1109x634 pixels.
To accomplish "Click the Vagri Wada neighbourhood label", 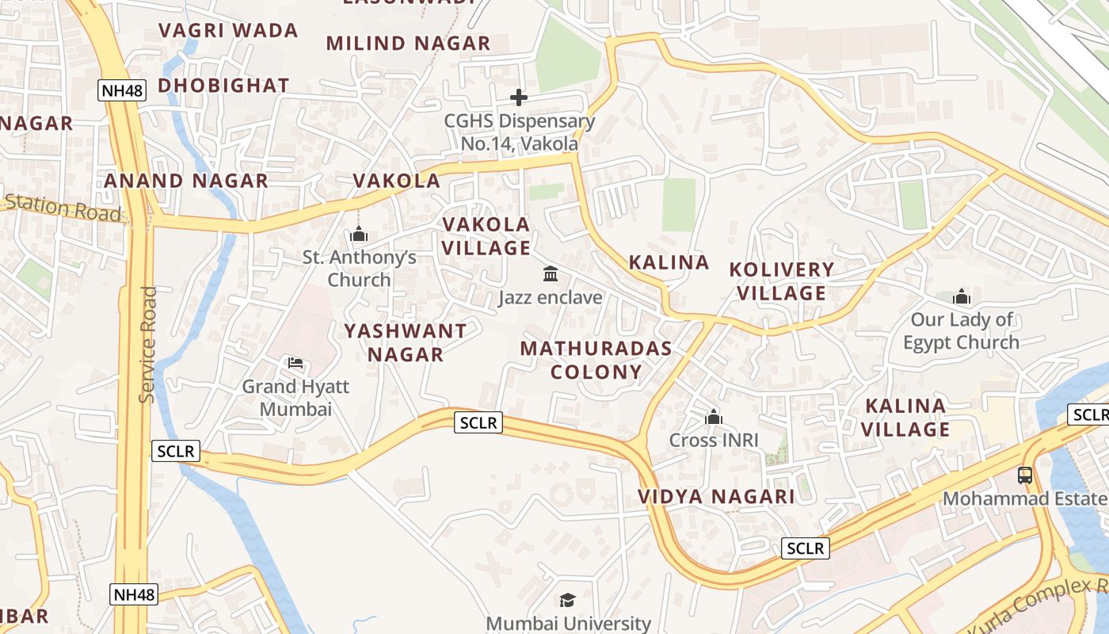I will (x=228, y=31).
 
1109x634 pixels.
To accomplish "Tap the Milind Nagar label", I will (x=408, y=44).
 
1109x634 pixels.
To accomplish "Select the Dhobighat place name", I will (x=223, y=86).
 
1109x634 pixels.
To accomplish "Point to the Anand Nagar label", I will (x=186, y=181).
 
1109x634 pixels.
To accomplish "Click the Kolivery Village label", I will (x=782, y=281).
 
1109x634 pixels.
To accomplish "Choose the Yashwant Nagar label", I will (x=405, y=342).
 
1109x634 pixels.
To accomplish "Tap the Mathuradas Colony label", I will (x=596, y=360).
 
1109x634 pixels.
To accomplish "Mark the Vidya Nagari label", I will (x=716, y=497).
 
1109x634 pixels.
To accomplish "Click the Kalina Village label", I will (x=905, y=418).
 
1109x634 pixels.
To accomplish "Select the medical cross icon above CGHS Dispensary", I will (x=519, y=97).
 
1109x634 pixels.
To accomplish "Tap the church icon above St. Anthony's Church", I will (x=359, y=235).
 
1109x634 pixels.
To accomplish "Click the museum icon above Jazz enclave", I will (x=551, y=274).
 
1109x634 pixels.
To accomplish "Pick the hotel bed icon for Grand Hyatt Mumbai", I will (x=295, y=363).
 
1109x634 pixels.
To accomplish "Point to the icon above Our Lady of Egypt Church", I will (x=962, y=297).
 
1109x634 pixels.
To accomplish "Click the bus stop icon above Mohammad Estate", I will (x=1025, y=475).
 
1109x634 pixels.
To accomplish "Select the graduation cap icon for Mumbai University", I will (x=567, y=600).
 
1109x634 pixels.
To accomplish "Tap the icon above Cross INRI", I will (x=714, y=417).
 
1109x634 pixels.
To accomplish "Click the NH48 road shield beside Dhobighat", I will (x=123, y=90).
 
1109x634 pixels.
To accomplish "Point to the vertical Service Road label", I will (x=147, y=345).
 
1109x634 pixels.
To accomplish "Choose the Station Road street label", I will (x=63, y=208).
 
